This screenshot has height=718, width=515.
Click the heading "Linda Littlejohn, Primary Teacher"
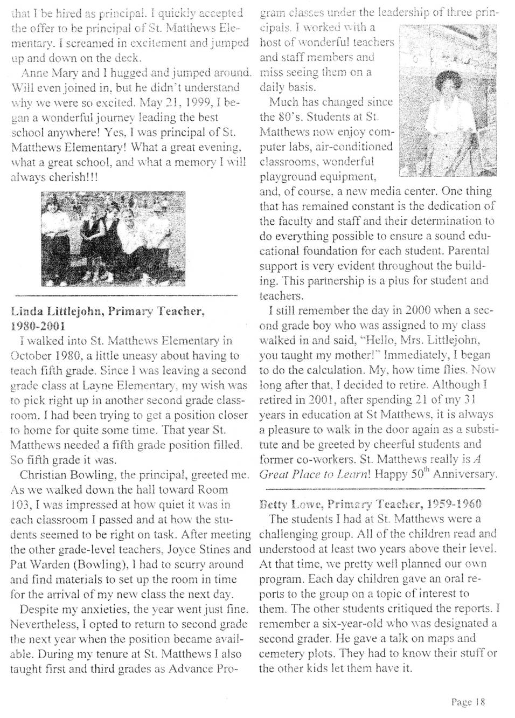pyautogui.click(x=107, y=312)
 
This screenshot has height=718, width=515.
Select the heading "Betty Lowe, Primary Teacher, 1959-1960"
pyautogui.click(x=370, y=504)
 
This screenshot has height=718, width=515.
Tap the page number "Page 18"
pyautogui.click(x=468, y=701)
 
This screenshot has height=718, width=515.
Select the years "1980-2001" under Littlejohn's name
pyautogui.click(x=38, y=326)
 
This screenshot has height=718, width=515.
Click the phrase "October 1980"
pyautogui.click(x=45, y=356)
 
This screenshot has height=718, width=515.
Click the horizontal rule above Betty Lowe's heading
pyautogui.click(x=372, y=489)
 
